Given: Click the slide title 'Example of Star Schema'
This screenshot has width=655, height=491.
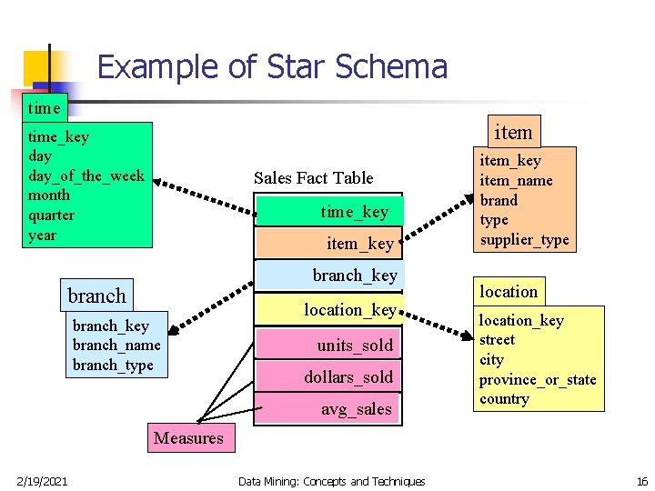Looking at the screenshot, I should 272,66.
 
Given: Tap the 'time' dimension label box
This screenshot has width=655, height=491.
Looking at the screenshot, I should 44,107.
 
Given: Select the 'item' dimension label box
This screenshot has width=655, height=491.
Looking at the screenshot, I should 512,132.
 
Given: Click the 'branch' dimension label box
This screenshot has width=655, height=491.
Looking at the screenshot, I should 96,296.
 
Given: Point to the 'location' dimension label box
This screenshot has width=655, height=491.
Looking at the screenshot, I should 509,291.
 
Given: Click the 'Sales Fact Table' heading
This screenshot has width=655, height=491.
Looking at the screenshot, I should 313,177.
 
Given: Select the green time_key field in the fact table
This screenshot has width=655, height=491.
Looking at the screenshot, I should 328,211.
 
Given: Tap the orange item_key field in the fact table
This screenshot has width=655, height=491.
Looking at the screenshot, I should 328,242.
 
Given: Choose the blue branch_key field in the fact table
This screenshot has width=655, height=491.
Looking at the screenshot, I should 328,275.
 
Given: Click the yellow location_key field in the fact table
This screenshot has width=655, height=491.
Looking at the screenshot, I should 328,309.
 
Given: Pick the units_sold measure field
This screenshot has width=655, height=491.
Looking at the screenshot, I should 328,345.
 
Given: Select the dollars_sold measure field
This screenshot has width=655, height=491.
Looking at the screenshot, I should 328,376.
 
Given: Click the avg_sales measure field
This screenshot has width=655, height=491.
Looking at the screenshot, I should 328,408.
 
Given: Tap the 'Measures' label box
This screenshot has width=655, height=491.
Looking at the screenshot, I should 188,438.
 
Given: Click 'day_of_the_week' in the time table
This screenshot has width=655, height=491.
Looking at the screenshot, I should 86,175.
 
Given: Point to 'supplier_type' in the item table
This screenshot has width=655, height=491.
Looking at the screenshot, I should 524,240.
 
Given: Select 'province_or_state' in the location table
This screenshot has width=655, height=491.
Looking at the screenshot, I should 538,379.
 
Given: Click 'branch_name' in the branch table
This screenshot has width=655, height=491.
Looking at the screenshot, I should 116,345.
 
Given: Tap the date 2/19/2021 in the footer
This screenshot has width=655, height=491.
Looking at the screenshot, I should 41,481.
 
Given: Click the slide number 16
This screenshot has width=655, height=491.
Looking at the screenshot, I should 641,481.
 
